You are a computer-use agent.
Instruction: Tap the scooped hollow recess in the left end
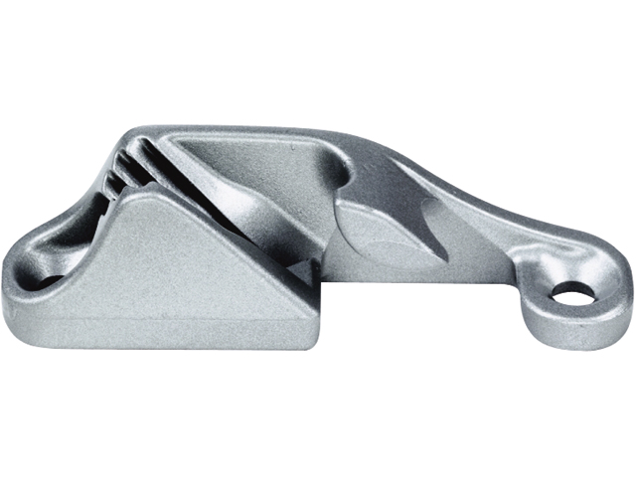click(70, 229)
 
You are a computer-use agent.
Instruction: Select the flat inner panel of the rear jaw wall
click(248, 159)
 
